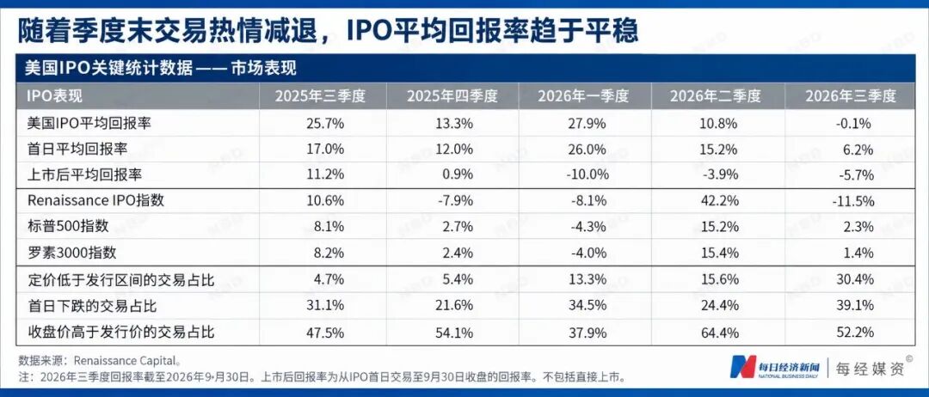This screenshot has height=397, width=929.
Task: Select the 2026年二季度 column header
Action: tap(715, 96)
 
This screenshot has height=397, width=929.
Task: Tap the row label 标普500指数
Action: tap(68, 227)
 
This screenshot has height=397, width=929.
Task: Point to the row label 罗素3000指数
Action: tap(71, 253)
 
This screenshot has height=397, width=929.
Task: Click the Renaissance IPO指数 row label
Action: tap(95, 200)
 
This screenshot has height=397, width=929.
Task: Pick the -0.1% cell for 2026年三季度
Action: tap(856, 124)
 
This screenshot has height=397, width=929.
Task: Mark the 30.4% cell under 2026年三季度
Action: tap(856, 279)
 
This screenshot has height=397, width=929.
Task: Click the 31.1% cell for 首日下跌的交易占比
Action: tap(325, 306)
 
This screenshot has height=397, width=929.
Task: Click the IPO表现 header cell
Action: tap(54, 96)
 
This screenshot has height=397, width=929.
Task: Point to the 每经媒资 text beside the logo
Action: tap(870, 369)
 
